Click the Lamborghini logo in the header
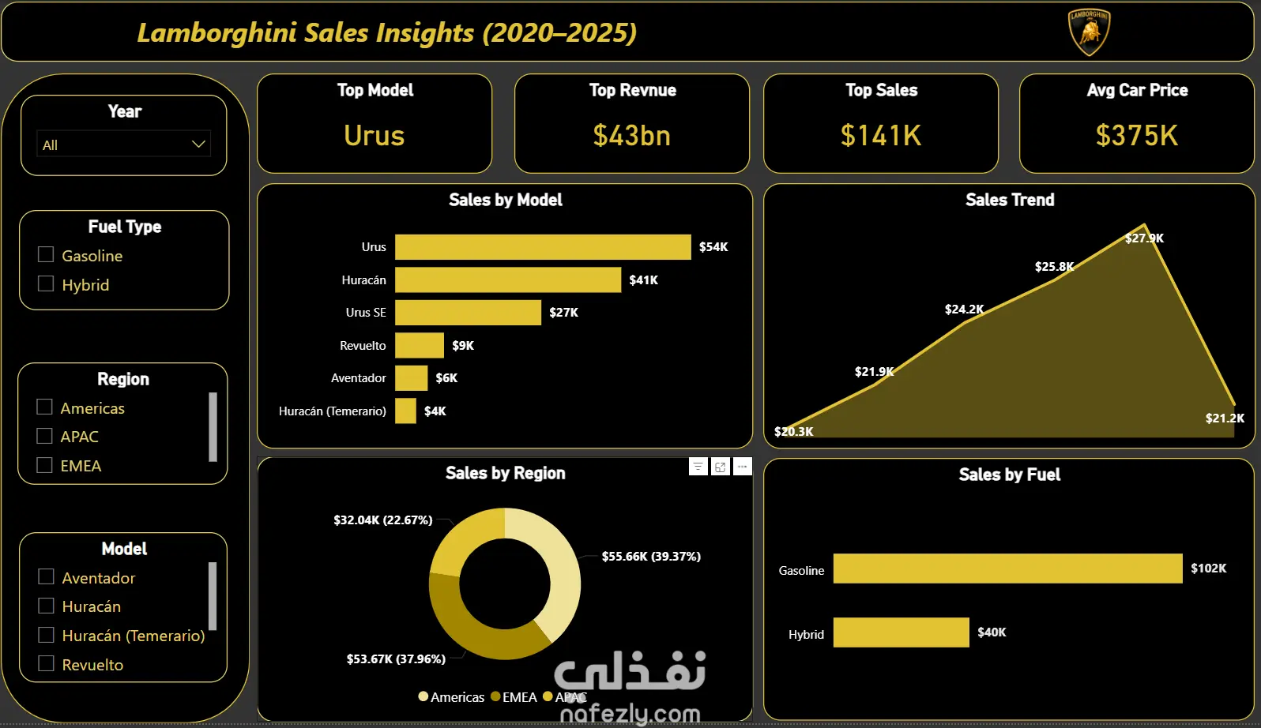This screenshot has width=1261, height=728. (x=1089, y=32)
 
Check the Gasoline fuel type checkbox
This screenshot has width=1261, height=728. (x=46, y=255)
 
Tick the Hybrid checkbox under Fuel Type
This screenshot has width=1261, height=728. (x=46, y=284)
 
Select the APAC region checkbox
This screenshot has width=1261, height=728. (x=45, y=437)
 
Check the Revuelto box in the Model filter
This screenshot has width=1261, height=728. (x=47, y=664)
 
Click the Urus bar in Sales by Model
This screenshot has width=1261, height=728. (x=543, y=247)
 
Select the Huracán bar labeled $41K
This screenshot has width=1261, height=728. (x=508, y=280)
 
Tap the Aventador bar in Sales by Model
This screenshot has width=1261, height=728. (x=411, y=378)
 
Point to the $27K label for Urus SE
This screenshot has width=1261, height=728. (x=563, y=313)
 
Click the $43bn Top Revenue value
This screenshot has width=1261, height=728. (x=631, y=136)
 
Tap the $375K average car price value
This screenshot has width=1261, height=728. (x=1136, y=136)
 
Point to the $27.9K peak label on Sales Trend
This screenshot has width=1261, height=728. (x=1144, y=238)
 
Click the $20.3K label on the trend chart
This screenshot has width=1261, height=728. (x=793, y=432)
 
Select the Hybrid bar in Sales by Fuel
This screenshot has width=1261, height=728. (x=901, y=632)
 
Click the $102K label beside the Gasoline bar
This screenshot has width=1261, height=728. (x=1208, y=569)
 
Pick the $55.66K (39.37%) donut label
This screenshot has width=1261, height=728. (x=651, y=557)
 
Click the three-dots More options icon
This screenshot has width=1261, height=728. (x=742, y=467)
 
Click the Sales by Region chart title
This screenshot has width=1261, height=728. (x=505, y=474)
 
